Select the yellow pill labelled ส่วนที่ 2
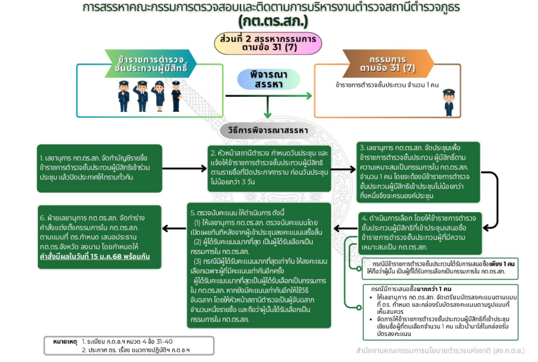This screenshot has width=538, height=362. pyautogui.click(x=269, y=42)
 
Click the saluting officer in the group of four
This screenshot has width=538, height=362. pyautogui.click(x=141, y=95)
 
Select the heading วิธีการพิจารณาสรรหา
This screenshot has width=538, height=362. pyautogui.click(x=268, y=130)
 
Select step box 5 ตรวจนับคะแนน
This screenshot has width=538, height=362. pyautogui.click(x=260, y=265)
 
